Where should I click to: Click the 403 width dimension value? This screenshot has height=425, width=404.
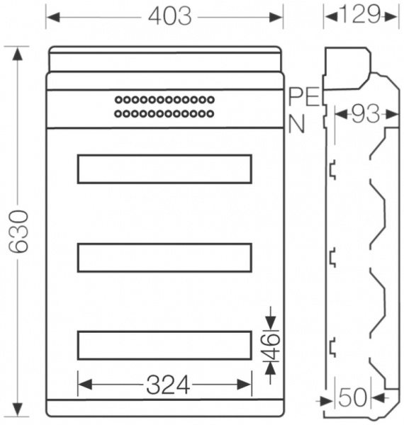170,16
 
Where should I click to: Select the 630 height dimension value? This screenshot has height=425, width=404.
18,232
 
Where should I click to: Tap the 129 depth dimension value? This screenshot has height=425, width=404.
360,14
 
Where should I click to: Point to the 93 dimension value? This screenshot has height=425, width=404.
366,114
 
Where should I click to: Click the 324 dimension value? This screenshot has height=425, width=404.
168,385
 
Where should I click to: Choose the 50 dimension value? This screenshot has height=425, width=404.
353,397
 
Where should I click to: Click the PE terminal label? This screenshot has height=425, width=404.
304,97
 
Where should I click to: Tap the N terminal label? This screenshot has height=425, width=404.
297,124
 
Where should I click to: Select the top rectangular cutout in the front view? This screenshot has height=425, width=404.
164,156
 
